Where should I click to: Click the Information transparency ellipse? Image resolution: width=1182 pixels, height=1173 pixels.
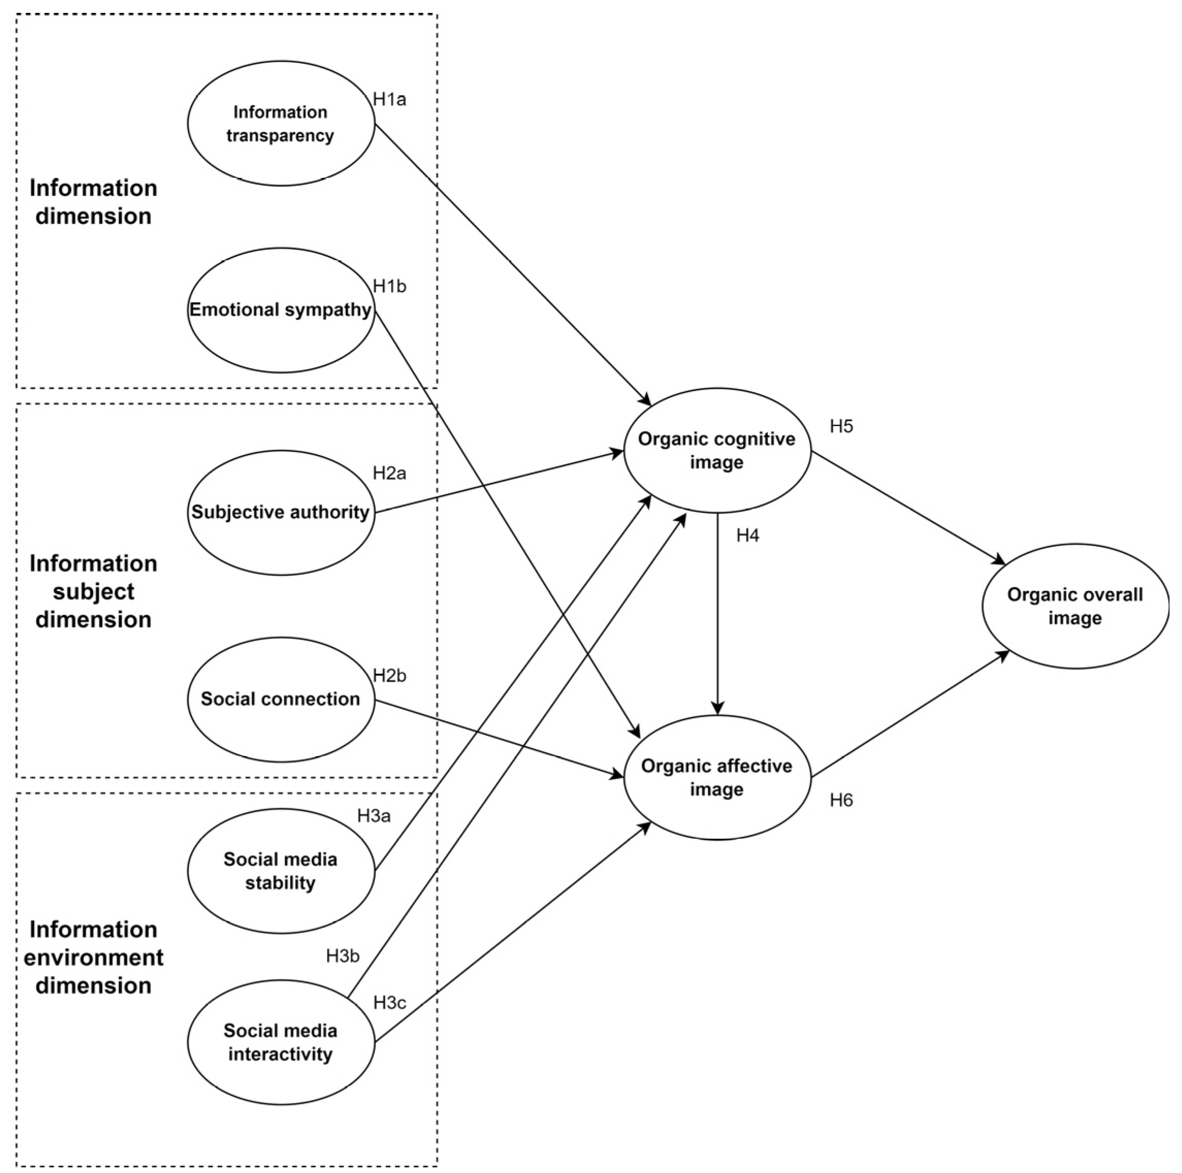[x=281, y=123]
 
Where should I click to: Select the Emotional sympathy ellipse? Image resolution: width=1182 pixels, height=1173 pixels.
[x=281, y=310]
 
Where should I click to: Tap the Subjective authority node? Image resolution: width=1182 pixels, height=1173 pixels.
[x=281, y=513]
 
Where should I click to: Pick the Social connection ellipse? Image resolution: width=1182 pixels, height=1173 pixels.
[x=281, y=699]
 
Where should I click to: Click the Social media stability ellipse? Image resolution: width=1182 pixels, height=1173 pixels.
[x=281, y=871]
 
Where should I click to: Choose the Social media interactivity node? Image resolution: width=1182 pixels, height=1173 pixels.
[x=281, y=1042]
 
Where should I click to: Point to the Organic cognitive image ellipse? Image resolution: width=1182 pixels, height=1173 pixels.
[x=717, y=451]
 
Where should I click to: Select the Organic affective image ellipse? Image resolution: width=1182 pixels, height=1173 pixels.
[x=717, y=777]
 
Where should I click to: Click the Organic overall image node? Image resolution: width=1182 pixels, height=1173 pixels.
[x=1075, y=606]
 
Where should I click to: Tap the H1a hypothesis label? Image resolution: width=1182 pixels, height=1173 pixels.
[x=389, y=99]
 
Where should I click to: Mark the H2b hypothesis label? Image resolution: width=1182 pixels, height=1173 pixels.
[x=389, y=675]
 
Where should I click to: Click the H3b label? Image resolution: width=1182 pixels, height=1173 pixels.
[x=343, y=956]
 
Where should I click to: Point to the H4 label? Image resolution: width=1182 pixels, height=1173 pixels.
[x=747, y=536]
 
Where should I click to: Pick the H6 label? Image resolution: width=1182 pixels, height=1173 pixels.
[x=840, y=800]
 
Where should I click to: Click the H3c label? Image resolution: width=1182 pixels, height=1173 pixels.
[x=389, y=1003]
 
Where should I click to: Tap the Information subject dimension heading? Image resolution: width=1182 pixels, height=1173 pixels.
[x=93, y=591]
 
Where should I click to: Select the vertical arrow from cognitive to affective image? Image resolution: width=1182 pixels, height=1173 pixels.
[x=718, y=612]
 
